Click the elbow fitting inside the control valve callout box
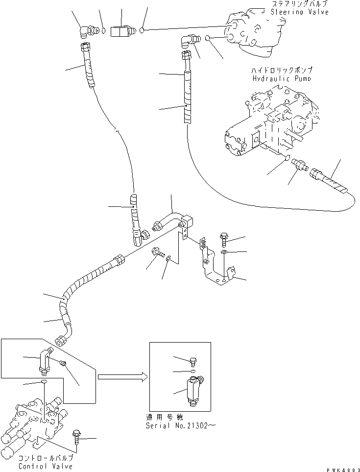[x=45, y=360]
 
